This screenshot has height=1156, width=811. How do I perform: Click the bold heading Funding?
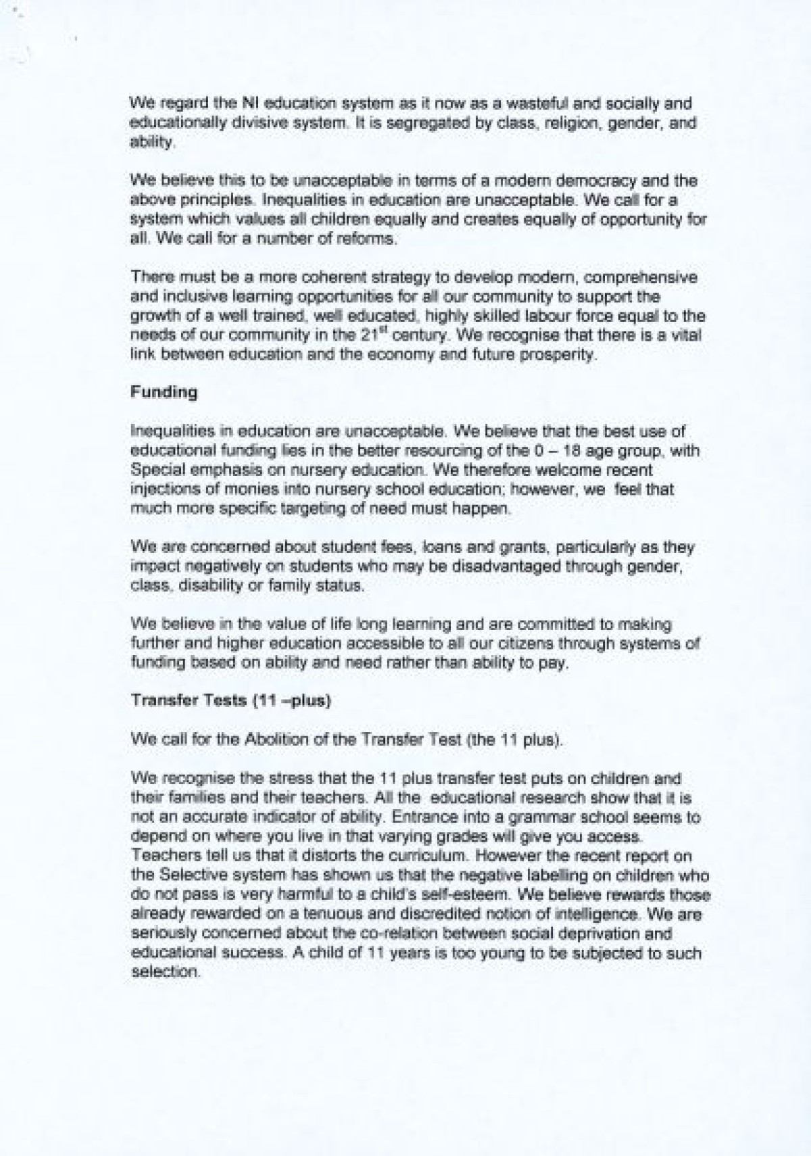pos(164,392)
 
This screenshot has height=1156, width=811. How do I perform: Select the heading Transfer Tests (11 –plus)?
pos(230,701)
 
